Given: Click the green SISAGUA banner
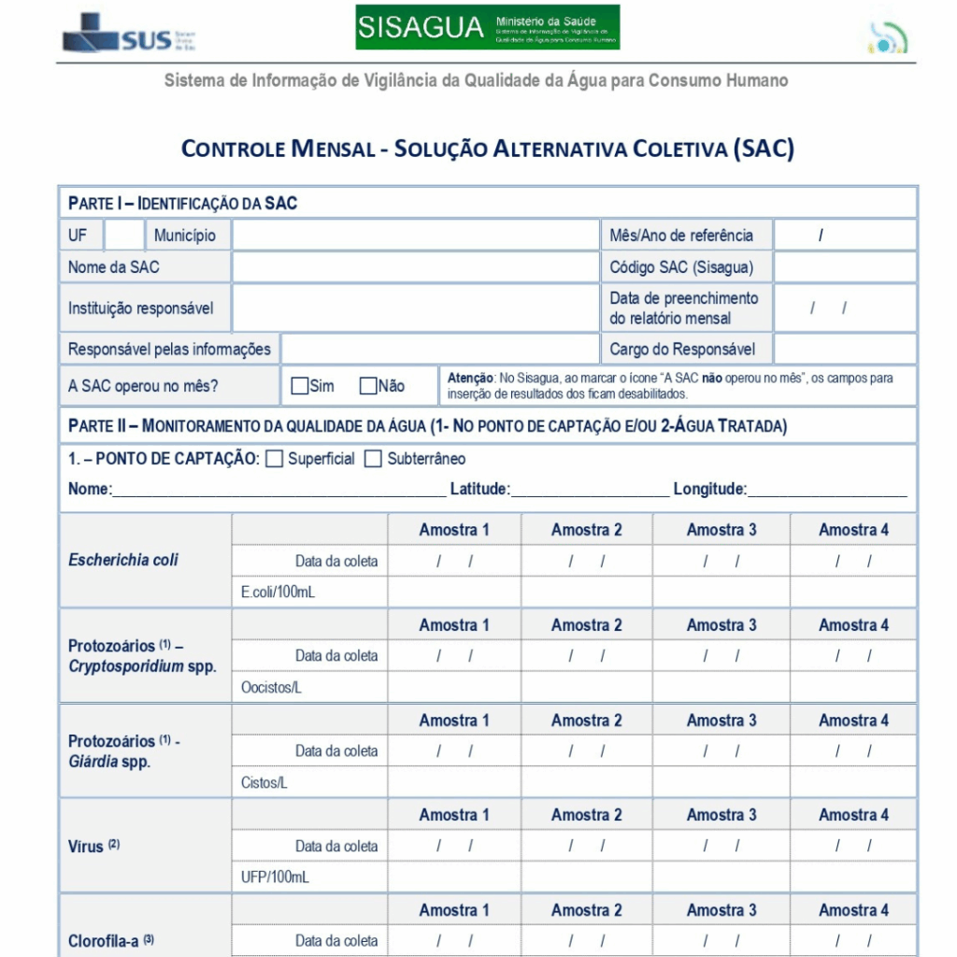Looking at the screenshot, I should [x=487, y=28].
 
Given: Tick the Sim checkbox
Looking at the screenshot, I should [x=300, y=386].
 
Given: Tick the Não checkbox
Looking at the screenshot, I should [x=368, y=386].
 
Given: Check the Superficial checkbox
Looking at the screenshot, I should [x=275, y=459].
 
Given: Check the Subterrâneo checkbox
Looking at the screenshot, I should [x=374, y=459].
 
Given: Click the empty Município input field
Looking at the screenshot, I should [x=415, y=236].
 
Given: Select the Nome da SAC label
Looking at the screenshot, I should [x=113, y=267].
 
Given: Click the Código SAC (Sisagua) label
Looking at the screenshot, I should [x=681, y=267].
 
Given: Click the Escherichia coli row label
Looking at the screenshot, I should [x=123, y=560].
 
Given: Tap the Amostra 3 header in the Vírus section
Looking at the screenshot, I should [x=721, y=815].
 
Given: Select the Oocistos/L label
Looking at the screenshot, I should [x=272, y=688].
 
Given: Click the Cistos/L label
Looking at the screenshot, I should [x=264, y=783].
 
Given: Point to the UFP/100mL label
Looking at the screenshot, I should [x=275, y=878].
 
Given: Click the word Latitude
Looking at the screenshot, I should [x=479, y=489].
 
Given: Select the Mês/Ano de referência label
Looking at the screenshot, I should [x=680, y=236].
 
